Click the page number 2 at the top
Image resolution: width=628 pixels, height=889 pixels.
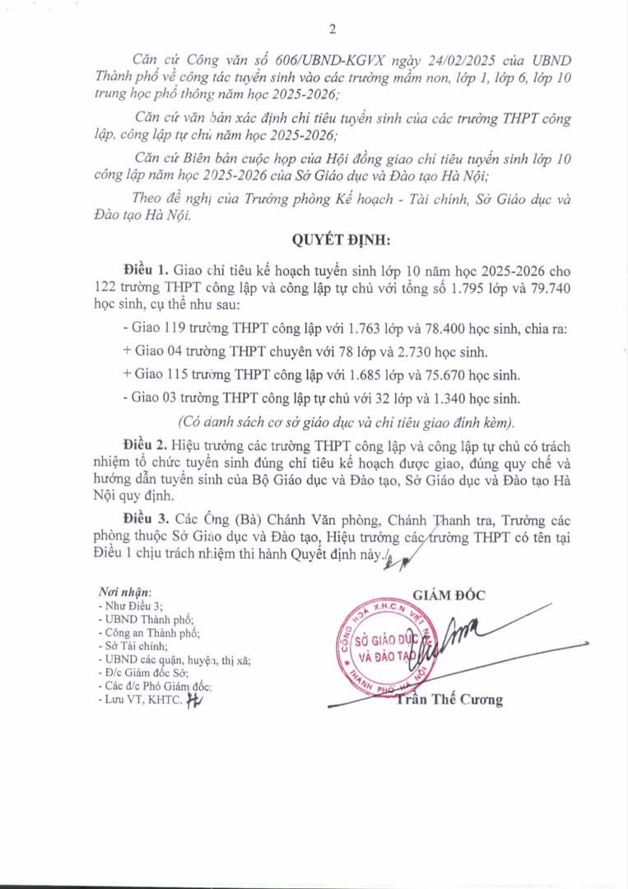pyautogui.click(x=333, y=30)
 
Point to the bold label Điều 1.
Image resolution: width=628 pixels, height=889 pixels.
pyautogui.click(x=145, y=269)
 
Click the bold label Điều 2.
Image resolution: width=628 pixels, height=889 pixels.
pyautogui.click(x=145, y=444)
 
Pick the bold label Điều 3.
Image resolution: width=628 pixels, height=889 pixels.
pyautogui.click(x=145, y=520)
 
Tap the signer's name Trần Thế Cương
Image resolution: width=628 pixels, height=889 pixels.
pyautogui.click(x=449, y=700)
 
